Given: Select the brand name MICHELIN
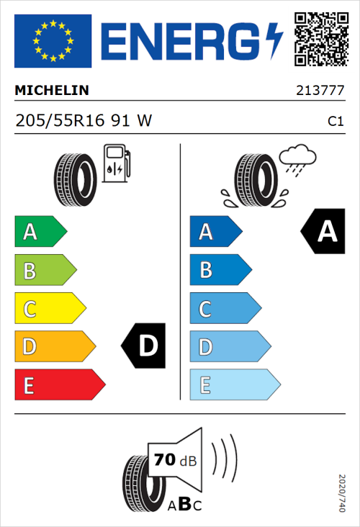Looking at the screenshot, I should coord(53,91).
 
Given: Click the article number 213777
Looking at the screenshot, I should coord(319,91).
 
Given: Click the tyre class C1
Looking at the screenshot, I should coord(335,122).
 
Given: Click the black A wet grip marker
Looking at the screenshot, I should coord(323,232).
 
